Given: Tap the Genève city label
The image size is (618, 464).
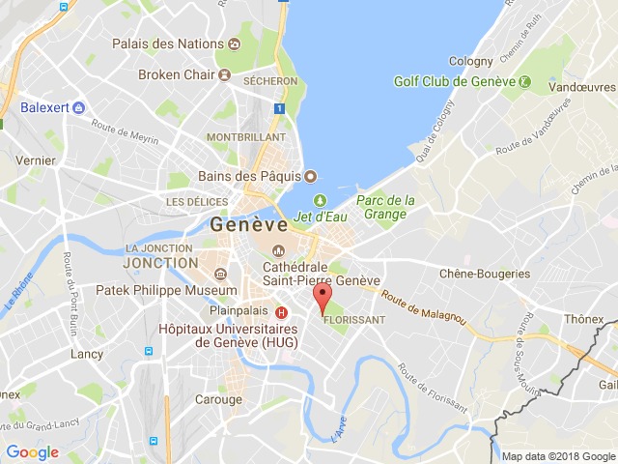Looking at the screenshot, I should [x=248, y=224].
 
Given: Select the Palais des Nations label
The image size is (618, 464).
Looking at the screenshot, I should [x=167, y=44].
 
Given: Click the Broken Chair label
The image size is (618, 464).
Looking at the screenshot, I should [x=173, y=73].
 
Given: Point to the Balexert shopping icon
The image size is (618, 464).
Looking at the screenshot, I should [x=79, y=108].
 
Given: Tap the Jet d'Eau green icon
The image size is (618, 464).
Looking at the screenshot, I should [x=306, y=200].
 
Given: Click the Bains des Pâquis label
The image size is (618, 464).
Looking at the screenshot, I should [x=250, y=176].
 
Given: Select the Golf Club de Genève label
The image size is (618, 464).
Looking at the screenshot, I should [x=451, y=81].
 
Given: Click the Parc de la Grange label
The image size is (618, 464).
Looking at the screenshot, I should [x=385, y=207].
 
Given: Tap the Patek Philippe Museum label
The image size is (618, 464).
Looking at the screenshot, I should [x=166, y=290].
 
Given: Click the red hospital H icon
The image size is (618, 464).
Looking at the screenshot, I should [x=281, y=311].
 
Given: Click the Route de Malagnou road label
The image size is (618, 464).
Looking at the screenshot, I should [x=423, y=310].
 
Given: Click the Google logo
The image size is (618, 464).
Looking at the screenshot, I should [x=33, y=451].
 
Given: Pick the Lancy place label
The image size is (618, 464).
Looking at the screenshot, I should [x=87, y=354].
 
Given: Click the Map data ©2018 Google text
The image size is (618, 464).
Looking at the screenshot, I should [x=557, y=456].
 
